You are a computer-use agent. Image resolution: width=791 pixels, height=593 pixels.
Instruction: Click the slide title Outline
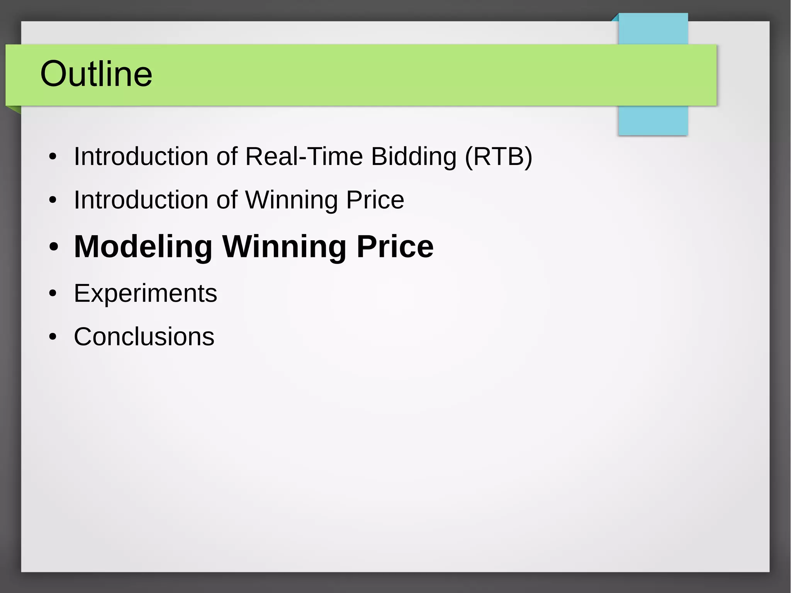pyautogui.click(x=96, y=74)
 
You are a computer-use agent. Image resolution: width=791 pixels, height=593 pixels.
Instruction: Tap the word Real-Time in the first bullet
pyautogui.click(x=304, y=156)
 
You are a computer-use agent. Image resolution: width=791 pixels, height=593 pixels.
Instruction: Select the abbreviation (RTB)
pyautogui.click(x=498, y=156)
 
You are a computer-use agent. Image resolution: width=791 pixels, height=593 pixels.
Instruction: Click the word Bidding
pyautogui.click(x=414, y=156)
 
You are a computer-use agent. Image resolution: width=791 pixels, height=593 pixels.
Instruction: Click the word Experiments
pyautogui.click(x=145, y=294)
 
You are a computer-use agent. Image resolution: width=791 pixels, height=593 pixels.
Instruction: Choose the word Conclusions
pyautogui.click(x=144, y=337)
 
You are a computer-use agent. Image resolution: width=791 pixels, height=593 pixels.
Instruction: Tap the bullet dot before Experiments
pyautogui.click(x=53, y=294)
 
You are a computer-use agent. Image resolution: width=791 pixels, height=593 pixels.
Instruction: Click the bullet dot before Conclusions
pyautogui.click(x=53, y=337)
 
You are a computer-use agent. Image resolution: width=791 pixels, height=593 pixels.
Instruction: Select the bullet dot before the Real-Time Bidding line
pyautogui.click(x=53, y=157)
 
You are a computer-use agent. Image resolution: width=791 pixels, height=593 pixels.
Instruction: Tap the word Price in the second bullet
pyautogui.click(x=375, y=200)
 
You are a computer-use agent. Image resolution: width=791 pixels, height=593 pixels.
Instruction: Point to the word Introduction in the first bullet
pyautogui.click(x=141, y=156)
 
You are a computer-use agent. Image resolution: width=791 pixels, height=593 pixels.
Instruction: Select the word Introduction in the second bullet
pyautogui.click(x=141, y=200)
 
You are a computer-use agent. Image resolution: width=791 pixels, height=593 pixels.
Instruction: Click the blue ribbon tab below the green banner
pyautogui.click(x=653, y=120)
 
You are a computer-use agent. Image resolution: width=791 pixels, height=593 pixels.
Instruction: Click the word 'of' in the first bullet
pyautogui.click(x=227, y=156)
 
